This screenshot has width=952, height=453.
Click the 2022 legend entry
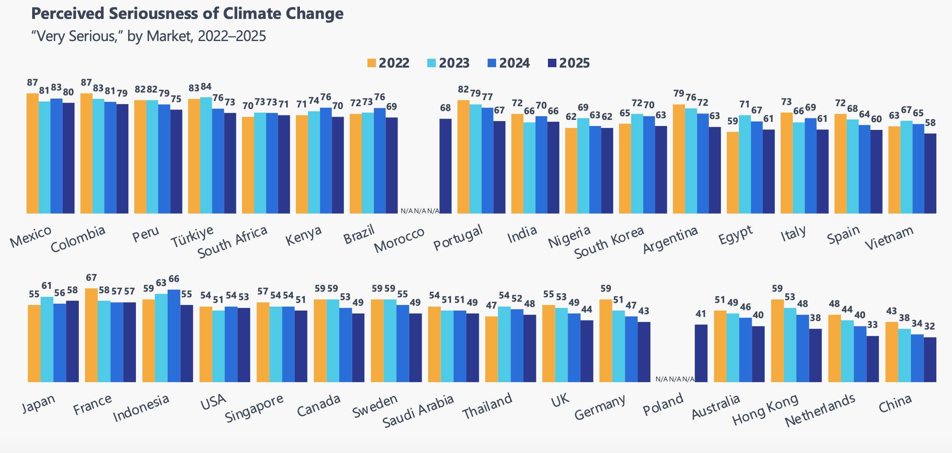click(x=388, y=63)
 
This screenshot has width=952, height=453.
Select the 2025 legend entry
click(x=568, y=63)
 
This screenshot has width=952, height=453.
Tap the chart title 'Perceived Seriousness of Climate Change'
click(x=187, y=14)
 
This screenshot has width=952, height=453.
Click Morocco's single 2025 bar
click(x=445, y=166)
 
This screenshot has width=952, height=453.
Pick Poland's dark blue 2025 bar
click(x=701, y=353)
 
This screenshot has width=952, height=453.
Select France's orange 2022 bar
click(x=91, y=335)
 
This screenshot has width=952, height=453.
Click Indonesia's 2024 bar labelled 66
click(x=174, y=336)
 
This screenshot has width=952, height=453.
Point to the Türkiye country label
click(x=192, y=237)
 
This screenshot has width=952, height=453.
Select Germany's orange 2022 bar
click(x=605, y=340)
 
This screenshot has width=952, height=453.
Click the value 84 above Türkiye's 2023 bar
click(x=206, y=87)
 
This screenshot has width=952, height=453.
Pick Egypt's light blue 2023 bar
click(x=745, y=164)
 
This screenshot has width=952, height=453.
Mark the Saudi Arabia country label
click(x=418, y=410)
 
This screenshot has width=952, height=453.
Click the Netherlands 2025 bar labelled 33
click(x=872, y=359)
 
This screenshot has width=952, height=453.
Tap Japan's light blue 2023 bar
click(x=47, y=339)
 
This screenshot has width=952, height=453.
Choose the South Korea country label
click(x=609, y=243)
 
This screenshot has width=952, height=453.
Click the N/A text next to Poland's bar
click(x=675, y=379)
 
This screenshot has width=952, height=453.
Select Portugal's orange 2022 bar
click(x=463, y=157)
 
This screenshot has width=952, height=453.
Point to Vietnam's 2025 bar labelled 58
click(x=930, y=173)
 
